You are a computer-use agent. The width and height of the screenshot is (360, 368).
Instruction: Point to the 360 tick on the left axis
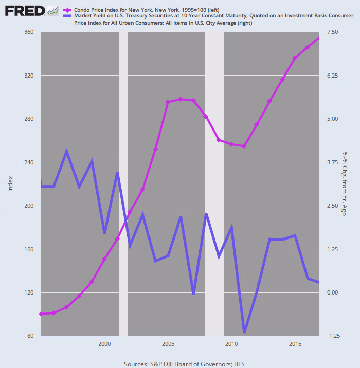(29, 32)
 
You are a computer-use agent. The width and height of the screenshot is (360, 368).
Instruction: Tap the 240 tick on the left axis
(29, 162)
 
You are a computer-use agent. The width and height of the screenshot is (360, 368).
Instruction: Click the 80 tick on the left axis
(30, 336)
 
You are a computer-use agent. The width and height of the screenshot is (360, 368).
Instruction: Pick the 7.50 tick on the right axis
(332, 32)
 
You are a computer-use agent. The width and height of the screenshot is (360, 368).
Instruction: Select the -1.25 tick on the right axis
(332, 336)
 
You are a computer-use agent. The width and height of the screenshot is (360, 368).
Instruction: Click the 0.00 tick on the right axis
(332, 292)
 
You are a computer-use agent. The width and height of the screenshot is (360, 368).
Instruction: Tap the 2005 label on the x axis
(168, 343)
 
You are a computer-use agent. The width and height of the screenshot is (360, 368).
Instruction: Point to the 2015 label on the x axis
(295, 343)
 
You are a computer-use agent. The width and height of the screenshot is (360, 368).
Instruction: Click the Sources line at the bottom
(184, 364)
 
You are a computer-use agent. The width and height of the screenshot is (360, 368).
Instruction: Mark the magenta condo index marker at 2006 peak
(181, 99)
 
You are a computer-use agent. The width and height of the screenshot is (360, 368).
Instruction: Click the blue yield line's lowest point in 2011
(244, 332)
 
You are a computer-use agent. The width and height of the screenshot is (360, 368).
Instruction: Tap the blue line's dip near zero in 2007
(193, 293)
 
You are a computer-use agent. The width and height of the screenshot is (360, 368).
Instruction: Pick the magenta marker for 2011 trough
(244, 146)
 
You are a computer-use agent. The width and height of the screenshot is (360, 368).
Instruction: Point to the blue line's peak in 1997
(66, 152)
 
